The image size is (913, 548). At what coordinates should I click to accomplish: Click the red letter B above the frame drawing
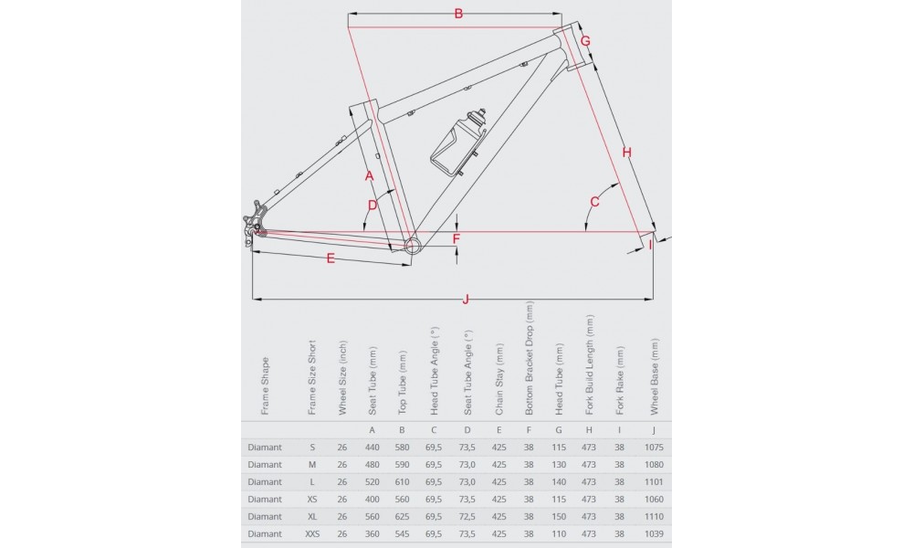coord(458,13)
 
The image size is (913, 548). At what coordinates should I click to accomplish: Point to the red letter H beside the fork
coord(626,152)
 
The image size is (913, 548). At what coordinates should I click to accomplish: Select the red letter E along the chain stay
coord(331,259)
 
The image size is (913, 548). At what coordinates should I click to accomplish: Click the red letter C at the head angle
coord(594,201)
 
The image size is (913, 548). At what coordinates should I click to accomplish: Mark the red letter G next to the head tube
coord(585,41)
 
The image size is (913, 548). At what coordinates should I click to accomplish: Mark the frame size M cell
coord(312,464)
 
